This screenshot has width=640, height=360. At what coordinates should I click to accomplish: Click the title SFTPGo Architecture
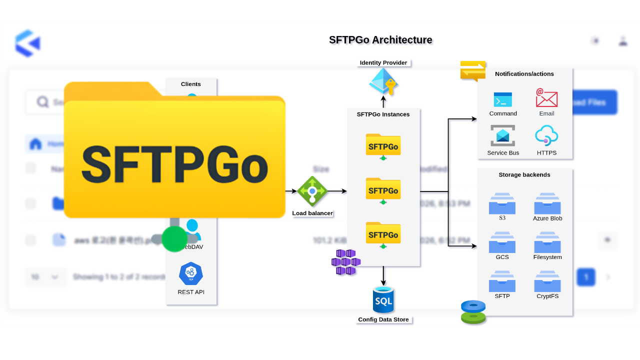pos(380,40)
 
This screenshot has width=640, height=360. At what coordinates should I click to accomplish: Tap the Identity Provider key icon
pos(383,81)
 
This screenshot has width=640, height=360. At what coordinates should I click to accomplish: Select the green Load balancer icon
pos(312,191)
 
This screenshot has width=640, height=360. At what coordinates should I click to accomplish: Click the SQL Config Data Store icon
pos(383,300)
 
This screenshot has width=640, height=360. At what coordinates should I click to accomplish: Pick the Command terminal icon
pos(502,99)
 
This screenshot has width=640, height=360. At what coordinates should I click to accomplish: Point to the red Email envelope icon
pos(546,98)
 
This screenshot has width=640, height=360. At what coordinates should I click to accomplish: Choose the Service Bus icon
pos(502,136)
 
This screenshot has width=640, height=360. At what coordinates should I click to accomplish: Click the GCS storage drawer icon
pos(502,242)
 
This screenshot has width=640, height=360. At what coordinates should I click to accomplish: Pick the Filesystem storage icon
pos(547,242)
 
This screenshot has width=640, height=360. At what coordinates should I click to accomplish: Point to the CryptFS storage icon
pos(547,281)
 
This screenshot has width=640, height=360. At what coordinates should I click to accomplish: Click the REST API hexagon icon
pos(191,273)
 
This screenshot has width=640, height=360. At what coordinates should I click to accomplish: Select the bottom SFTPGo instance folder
pos(383,233)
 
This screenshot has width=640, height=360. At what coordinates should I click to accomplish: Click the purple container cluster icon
pos(346,262)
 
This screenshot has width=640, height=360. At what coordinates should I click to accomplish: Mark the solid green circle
pos(174,238)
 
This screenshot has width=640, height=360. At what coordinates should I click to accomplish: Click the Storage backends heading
pos(524,175)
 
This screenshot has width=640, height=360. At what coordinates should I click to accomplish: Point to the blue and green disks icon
pos(473,312)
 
